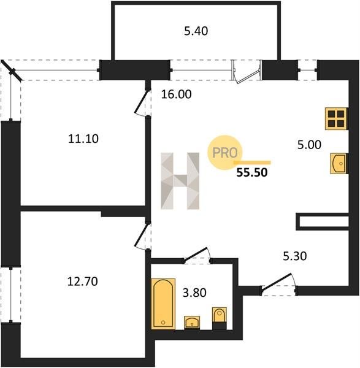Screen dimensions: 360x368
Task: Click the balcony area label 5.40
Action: (x=196, y=31)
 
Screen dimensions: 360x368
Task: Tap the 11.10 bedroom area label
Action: (x=83, y=139)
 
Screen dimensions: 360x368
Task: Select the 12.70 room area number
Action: (x=82, y=282)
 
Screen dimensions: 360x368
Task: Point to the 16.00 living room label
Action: (x=176, y=94)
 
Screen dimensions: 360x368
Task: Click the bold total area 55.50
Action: (x=252, y=173)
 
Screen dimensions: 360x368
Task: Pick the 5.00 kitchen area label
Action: (x=309, y=145)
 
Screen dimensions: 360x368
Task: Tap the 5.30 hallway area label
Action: (x=295, y=256)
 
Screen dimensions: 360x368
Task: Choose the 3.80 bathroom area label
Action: (x=194, y=293)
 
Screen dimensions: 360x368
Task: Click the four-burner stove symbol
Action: (x=336, y=119)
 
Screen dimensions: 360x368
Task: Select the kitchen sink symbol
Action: (x=339, y=163)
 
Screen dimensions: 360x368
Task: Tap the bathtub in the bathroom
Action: (x=163, y=304)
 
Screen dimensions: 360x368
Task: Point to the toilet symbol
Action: (x=220, y=318)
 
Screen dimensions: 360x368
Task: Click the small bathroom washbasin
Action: (x=192, y=323)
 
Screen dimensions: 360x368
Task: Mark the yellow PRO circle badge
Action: (x=224, y=153)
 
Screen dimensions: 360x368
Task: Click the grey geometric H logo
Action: (x=180, y=181)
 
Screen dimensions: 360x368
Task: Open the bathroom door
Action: (x=197, y=255)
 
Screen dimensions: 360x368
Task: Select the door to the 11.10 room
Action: (x=142, y=102)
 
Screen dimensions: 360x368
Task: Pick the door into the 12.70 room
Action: (x=142, y=236)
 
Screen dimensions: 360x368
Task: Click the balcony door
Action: (x=247, y=72)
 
